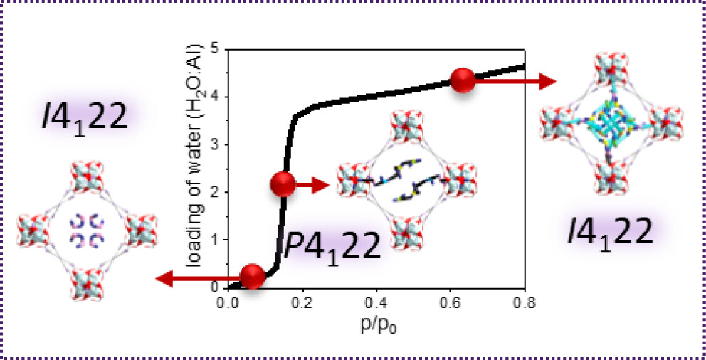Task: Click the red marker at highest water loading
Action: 463,80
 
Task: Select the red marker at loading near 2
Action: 283,185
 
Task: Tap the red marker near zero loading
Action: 251,276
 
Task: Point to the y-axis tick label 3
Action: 214,145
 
